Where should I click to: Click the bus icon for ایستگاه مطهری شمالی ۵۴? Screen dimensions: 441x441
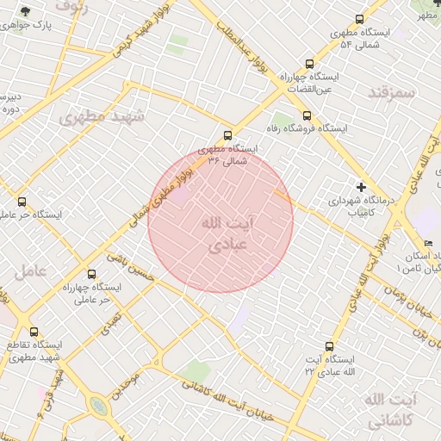[x=358, y=20]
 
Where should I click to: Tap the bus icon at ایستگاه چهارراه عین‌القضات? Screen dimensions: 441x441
[x=309, y=64]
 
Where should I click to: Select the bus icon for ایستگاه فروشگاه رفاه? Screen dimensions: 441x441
[x=306, y=115]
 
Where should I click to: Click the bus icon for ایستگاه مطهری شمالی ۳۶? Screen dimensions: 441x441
[x=227, y=135]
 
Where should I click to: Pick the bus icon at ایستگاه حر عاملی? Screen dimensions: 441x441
[x=22, y=202]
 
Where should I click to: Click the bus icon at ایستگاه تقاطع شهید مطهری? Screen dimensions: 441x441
[x=34, y=332]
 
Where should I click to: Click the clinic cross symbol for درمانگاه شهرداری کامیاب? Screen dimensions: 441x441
[x=361, y=187]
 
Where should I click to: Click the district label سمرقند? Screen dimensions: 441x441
[x=391, y=91]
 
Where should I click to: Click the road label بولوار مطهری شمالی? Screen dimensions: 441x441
[x=164, y=199]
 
